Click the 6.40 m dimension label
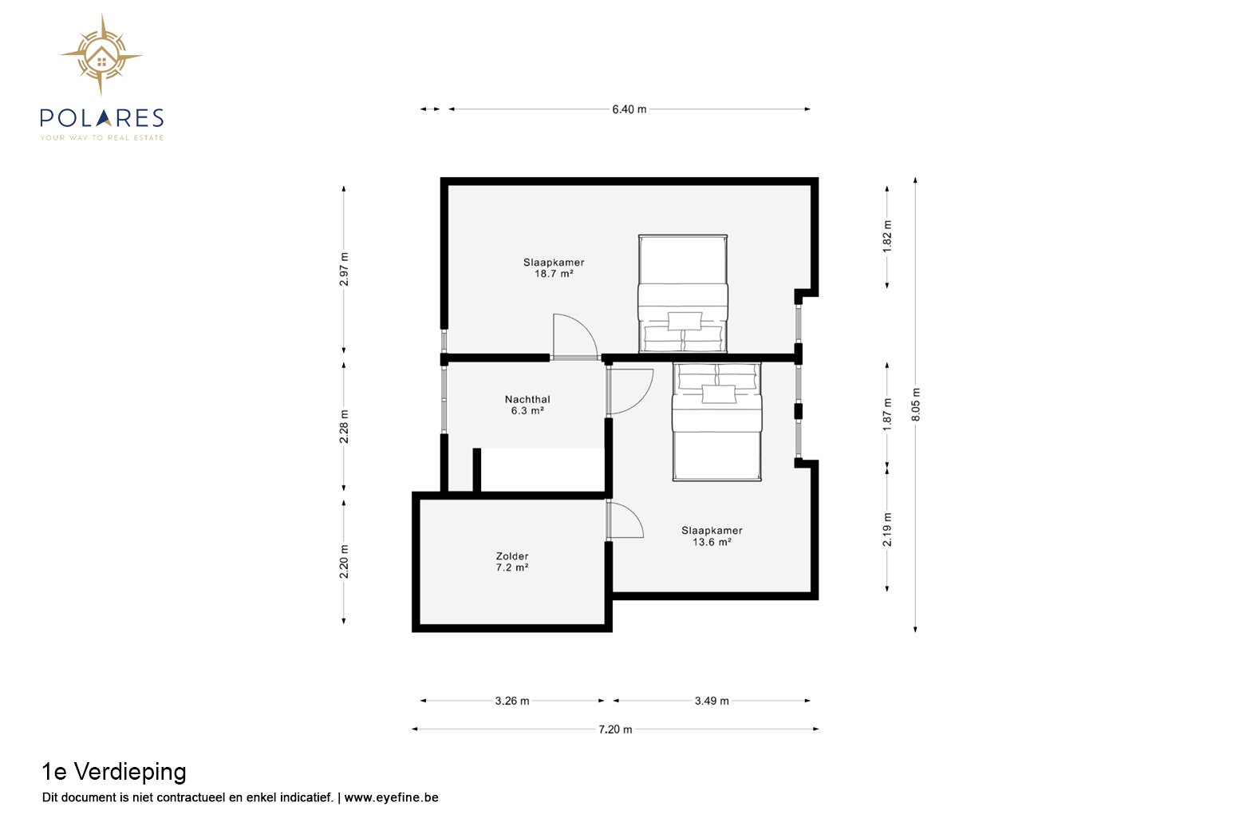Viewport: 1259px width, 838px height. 629,109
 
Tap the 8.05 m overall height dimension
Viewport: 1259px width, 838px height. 916,405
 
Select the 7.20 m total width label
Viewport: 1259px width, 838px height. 615,729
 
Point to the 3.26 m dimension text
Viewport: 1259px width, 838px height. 511,701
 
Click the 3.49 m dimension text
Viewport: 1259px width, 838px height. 712,701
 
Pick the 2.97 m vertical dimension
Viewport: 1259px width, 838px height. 344,270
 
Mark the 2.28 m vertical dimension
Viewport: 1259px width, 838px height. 344,426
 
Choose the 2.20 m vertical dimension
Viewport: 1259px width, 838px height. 344,561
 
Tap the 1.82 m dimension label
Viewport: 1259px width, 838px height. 887,236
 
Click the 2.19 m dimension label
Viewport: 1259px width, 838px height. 887,529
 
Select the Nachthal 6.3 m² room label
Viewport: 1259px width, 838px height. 527,405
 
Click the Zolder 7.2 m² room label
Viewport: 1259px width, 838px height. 512,561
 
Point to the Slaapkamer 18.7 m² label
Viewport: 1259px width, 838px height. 554,267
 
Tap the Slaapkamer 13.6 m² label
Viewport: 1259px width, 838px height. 712,536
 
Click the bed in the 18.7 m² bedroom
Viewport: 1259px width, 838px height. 683,294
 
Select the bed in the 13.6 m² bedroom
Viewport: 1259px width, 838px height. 717,422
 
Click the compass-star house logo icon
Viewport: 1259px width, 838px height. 101,55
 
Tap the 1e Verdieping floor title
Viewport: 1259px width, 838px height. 114,772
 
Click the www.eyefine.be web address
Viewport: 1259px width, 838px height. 391,797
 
